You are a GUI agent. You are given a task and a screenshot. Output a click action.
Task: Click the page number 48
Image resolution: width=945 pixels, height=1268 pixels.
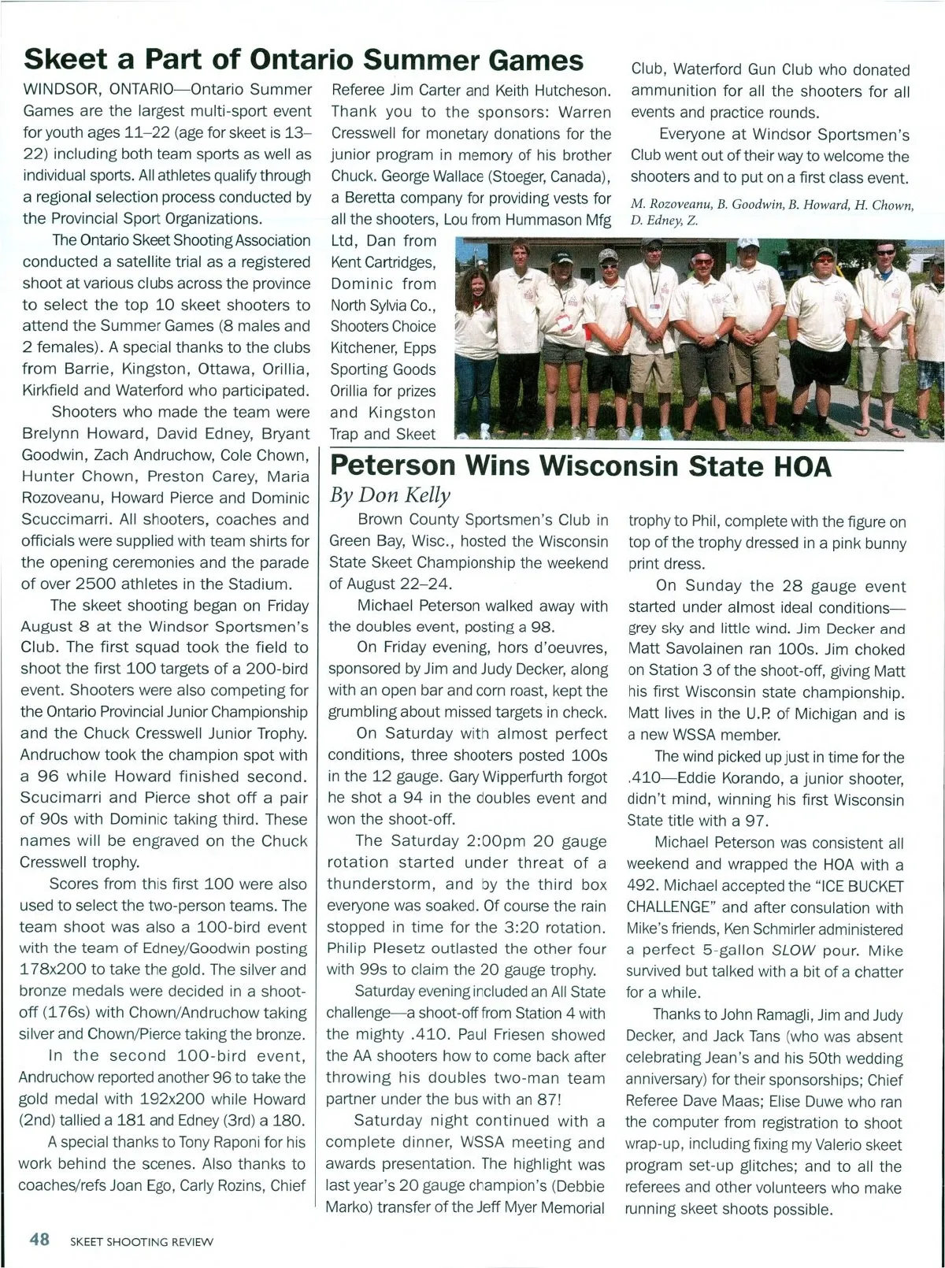(x=39, y=1239)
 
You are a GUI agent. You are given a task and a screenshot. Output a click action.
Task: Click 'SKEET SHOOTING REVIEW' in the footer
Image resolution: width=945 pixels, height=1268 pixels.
(x=141, y=1242)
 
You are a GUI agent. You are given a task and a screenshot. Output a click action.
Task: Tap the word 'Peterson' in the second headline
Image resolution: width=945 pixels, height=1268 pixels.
(x=393, y=466)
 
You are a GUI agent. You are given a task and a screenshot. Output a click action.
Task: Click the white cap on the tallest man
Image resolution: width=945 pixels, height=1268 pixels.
(x=651, y=245)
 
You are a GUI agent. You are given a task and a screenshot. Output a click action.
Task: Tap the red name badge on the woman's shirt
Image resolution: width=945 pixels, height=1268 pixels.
(x=563, y=321)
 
